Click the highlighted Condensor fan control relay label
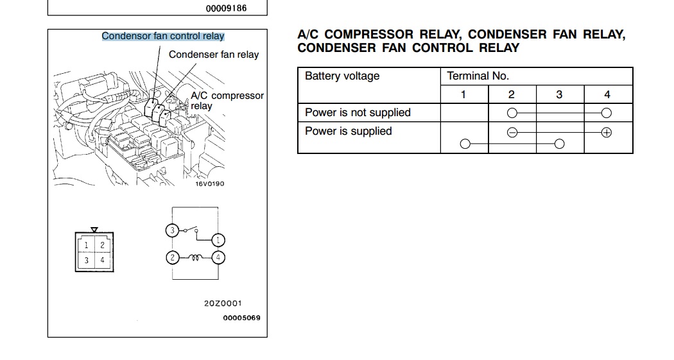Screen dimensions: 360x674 click(x=163, y=37)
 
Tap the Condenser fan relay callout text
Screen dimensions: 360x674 click(x=214, y=55)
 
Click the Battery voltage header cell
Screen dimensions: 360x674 click(x=342, y=76)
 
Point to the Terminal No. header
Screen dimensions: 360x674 click(x=478, y=76)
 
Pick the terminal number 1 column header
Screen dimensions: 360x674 click(x=463, y=95)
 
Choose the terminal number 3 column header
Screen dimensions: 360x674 click(x=559, y=95)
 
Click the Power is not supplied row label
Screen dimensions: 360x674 click(x=358, y=113)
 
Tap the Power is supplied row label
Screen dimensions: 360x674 click(x=348, y=132)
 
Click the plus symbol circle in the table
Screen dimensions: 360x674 click(x=607, y=133)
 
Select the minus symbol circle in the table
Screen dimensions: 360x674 click(x=512, y=133)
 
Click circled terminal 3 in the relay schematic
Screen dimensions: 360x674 click(x=172, y=230)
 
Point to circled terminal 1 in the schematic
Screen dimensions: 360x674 click(x=218, y=241)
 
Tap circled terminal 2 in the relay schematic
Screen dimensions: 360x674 click(x=172, y=258)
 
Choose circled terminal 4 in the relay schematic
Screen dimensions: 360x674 click(x=218, y=258)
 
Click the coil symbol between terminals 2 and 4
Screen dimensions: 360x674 click(x=194, y=257)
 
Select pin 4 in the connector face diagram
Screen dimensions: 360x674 click(x=102, y=261)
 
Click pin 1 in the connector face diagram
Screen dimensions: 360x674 click(x=87, y=245)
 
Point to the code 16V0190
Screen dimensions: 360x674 click(x=210, y=184)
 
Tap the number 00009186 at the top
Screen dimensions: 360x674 click(x=226, y=9)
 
